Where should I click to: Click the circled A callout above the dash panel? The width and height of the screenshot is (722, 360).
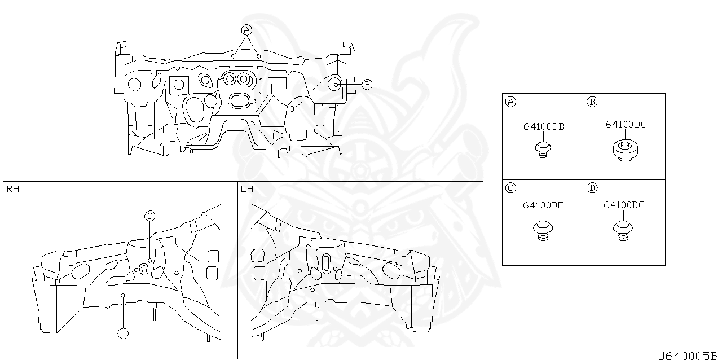246,29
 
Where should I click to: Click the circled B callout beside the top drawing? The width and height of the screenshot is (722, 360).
367,85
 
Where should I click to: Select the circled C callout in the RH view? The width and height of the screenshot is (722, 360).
149,216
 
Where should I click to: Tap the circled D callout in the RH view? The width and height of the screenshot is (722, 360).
123,333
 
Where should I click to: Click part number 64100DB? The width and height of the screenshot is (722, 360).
544,127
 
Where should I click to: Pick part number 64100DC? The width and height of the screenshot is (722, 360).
626,125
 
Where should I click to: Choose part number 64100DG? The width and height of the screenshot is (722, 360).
624,205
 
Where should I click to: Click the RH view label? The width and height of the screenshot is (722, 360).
12,189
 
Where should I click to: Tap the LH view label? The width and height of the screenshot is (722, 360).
246,189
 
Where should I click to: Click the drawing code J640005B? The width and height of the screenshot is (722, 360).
689,356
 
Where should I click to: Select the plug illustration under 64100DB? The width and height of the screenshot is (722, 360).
542,150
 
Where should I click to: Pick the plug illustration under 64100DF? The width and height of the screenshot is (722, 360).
542,230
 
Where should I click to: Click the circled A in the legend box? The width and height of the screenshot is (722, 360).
510,102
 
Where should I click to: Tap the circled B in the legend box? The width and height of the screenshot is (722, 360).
592,102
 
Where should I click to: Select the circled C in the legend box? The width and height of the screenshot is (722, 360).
510,188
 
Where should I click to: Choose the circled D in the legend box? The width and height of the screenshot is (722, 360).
592,188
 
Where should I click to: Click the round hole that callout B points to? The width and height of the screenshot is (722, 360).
334,85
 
